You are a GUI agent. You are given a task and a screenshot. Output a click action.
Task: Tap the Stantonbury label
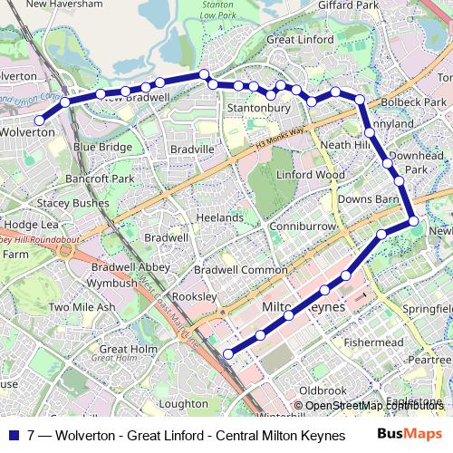(x=258, y=109)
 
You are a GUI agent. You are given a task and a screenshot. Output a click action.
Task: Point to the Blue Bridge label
(x=102, y=147)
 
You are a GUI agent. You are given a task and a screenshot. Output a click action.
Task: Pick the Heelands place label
(x=218, y=217)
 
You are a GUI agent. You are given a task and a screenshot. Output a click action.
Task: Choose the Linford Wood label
(x=311, y=174)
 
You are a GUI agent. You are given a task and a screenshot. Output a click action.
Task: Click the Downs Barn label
(x=369, y=199)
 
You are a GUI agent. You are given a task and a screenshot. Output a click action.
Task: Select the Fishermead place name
(x=373, y=342)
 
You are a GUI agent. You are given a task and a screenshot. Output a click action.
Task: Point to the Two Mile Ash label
(x=82, y=307)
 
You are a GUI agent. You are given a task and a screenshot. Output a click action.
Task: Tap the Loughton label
(x=183, y=404)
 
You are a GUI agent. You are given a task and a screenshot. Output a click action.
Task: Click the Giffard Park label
(x=348, y=5)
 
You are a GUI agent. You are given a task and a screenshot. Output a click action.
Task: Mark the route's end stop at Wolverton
(x=39, y=120)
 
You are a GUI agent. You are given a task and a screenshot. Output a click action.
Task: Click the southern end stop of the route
(x=227, y=354)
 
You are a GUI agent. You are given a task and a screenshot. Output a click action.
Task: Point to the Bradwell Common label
(x=240, y=269)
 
